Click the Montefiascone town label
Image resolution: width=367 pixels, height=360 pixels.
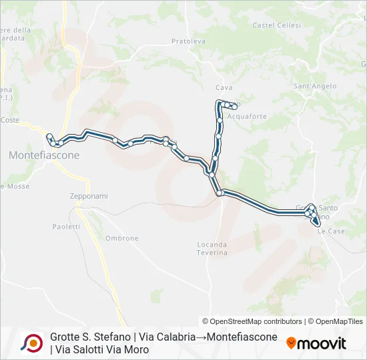click(44, 155)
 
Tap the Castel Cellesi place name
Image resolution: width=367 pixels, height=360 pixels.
click(277, 25)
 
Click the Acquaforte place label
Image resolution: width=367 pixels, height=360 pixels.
click(247, 116)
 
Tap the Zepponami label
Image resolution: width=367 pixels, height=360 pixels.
click(89, 196)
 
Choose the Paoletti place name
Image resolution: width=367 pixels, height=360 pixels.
click(66, 227)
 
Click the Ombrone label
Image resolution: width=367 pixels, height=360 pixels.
click(122, 238)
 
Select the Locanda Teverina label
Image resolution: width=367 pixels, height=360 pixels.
click(212, 249)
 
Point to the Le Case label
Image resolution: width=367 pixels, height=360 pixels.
click(331, 231)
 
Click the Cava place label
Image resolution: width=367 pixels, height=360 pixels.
click(224, 87)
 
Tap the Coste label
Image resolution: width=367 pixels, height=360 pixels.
click(10, 120)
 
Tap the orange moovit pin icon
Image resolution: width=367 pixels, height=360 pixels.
click(291, 343)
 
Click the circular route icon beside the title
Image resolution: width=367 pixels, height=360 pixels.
click(32, 343)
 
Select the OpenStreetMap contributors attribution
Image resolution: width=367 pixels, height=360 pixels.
click(252, 321)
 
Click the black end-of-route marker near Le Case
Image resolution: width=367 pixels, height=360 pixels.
click(316, 221)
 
